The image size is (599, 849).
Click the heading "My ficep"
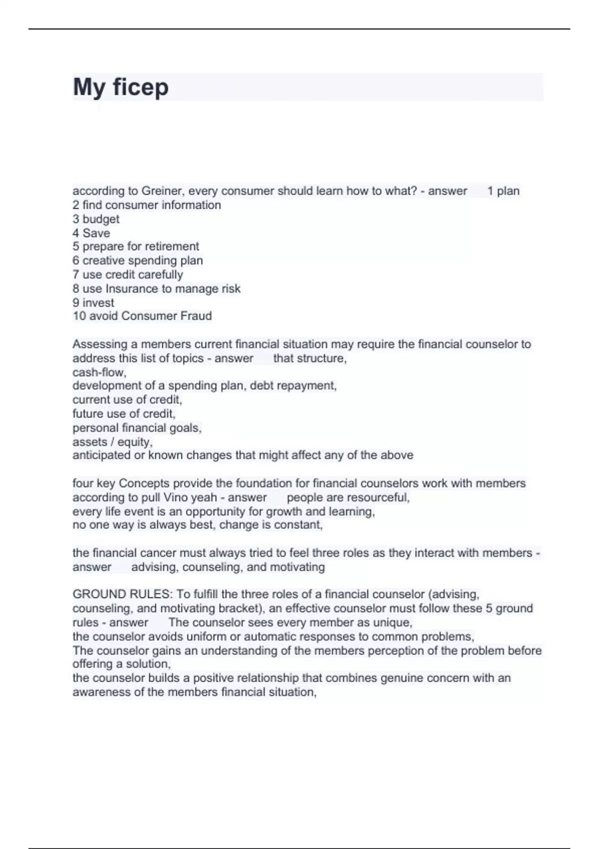[121, 87]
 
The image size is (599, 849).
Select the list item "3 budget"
[96, 219]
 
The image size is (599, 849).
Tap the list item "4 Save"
[91, 233]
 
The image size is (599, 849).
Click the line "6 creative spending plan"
[138, 260]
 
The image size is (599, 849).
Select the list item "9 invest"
[93, 303]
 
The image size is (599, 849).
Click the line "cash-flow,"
[99, 372]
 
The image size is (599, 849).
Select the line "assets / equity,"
[112, 441]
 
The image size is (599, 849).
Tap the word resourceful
[378, 497]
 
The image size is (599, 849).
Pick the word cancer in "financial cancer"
[158, 553]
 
